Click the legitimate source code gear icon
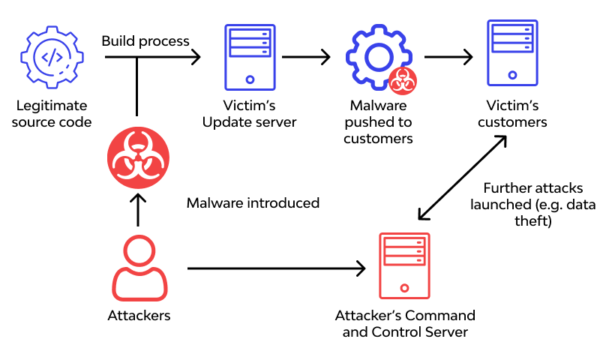51,57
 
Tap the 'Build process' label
145,40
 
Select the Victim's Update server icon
249,56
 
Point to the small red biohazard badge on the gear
403,79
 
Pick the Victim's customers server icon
512,53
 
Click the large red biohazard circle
138,158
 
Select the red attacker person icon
139,268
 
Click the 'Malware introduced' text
253,203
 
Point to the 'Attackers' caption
139,316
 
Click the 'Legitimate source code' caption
52,114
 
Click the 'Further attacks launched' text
532,204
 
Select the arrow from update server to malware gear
306,57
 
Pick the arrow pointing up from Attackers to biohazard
138,210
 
